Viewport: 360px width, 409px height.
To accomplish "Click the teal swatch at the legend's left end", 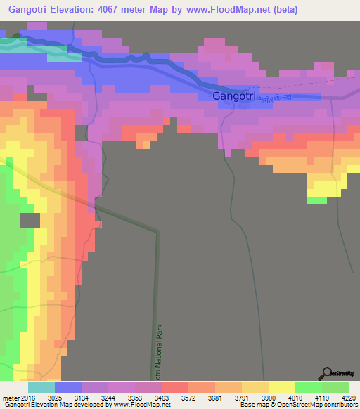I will pos(41,387).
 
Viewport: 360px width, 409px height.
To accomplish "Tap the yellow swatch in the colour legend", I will pos(282,387).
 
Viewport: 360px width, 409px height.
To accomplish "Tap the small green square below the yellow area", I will pos(316,200).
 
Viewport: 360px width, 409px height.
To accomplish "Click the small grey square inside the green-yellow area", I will pos(30,220).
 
